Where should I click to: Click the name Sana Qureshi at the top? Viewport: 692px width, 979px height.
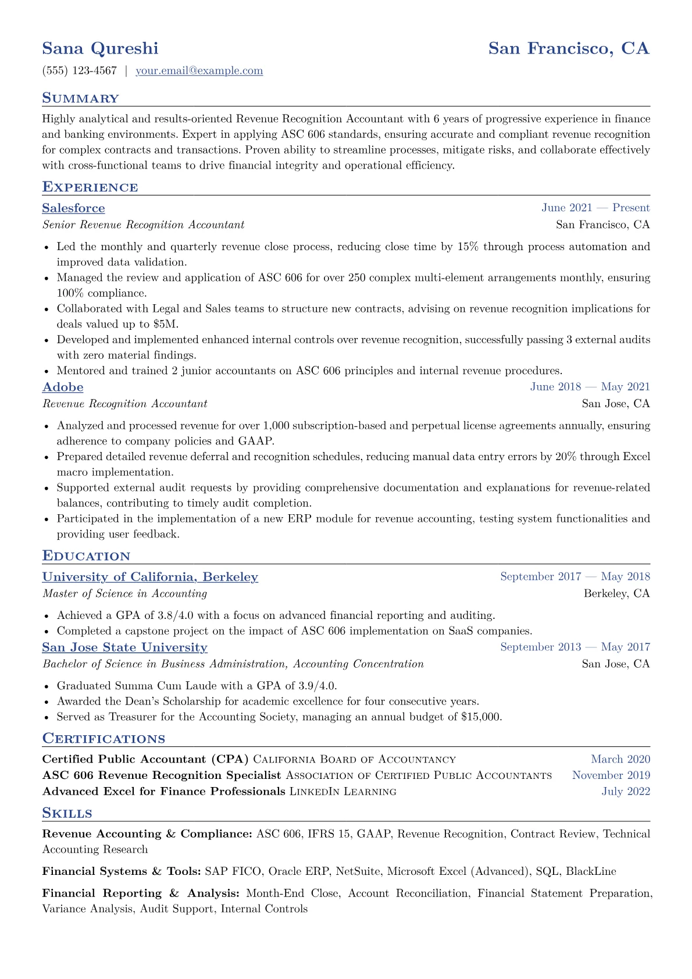[100, 48]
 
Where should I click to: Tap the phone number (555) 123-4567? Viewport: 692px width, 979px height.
[80, 71]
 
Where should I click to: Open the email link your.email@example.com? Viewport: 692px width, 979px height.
[199, 71]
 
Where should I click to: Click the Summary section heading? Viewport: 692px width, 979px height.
[80, 98]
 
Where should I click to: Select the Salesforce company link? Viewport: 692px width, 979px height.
[73, 208]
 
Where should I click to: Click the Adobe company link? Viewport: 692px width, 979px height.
[63, 387]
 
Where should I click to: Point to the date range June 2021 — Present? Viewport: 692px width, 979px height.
[595, 208]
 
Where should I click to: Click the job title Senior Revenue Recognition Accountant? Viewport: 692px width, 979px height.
[143, 225]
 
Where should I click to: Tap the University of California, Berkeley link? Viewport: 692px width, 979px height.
[150, 577]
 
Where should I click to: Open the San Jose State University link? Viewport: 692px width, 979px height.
[124, 647]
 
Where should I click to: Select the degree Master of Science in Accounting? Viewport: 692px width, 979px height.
[124, 594]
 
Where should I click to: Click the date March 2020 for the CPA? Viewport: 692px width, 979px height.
[620, 759]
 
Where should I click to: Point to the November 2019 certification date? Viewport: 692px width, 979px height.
[611, 775]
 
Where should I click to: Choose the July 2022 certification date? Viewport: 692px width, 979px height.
[626, 792]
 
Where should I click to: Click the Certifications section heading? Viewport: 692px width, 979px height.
[104, 739]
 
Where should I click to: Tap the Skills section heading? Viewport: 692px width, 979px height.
[67, 813]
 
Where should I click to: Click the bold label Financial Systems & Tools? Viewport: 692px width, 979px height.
[122, 871]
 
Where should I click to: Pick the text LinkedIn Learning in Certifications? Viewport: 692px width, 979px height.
[343, 792]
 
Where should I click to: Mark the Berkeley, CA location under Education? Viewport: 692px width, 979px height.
[616, 594]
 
